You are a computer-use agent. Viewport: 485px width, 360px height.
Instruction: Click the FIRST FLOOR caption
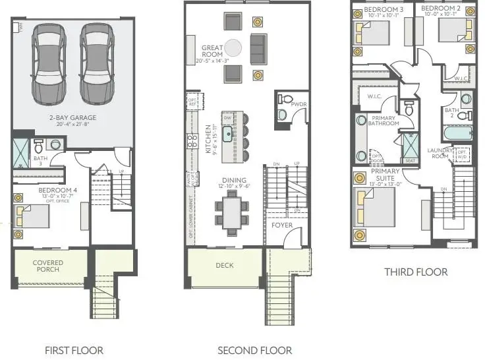point(74,350)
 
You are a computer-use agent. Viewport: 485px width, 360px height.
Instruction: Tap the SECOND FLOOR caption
point(254,350)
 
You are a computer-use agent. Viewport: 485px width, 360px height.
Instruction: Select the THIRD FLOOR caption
point(416,272)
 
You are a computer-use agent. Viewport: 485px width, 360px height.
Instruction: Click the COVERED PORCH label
point(48,266)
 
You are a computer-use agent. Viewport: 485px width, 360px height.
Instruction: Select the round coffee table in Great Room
point(233,47)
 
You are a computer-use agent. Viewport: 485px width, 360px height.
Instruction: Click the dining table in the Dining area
point(232,213)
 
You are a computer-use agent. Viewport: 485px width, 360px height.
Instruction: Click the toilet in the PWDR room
point(282,113)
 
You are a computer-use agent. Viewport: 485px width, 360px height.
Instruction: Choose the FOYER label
point(282,225)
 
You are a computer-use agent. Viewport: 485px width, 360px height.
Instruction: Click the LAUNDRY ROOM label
point(439,153)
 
